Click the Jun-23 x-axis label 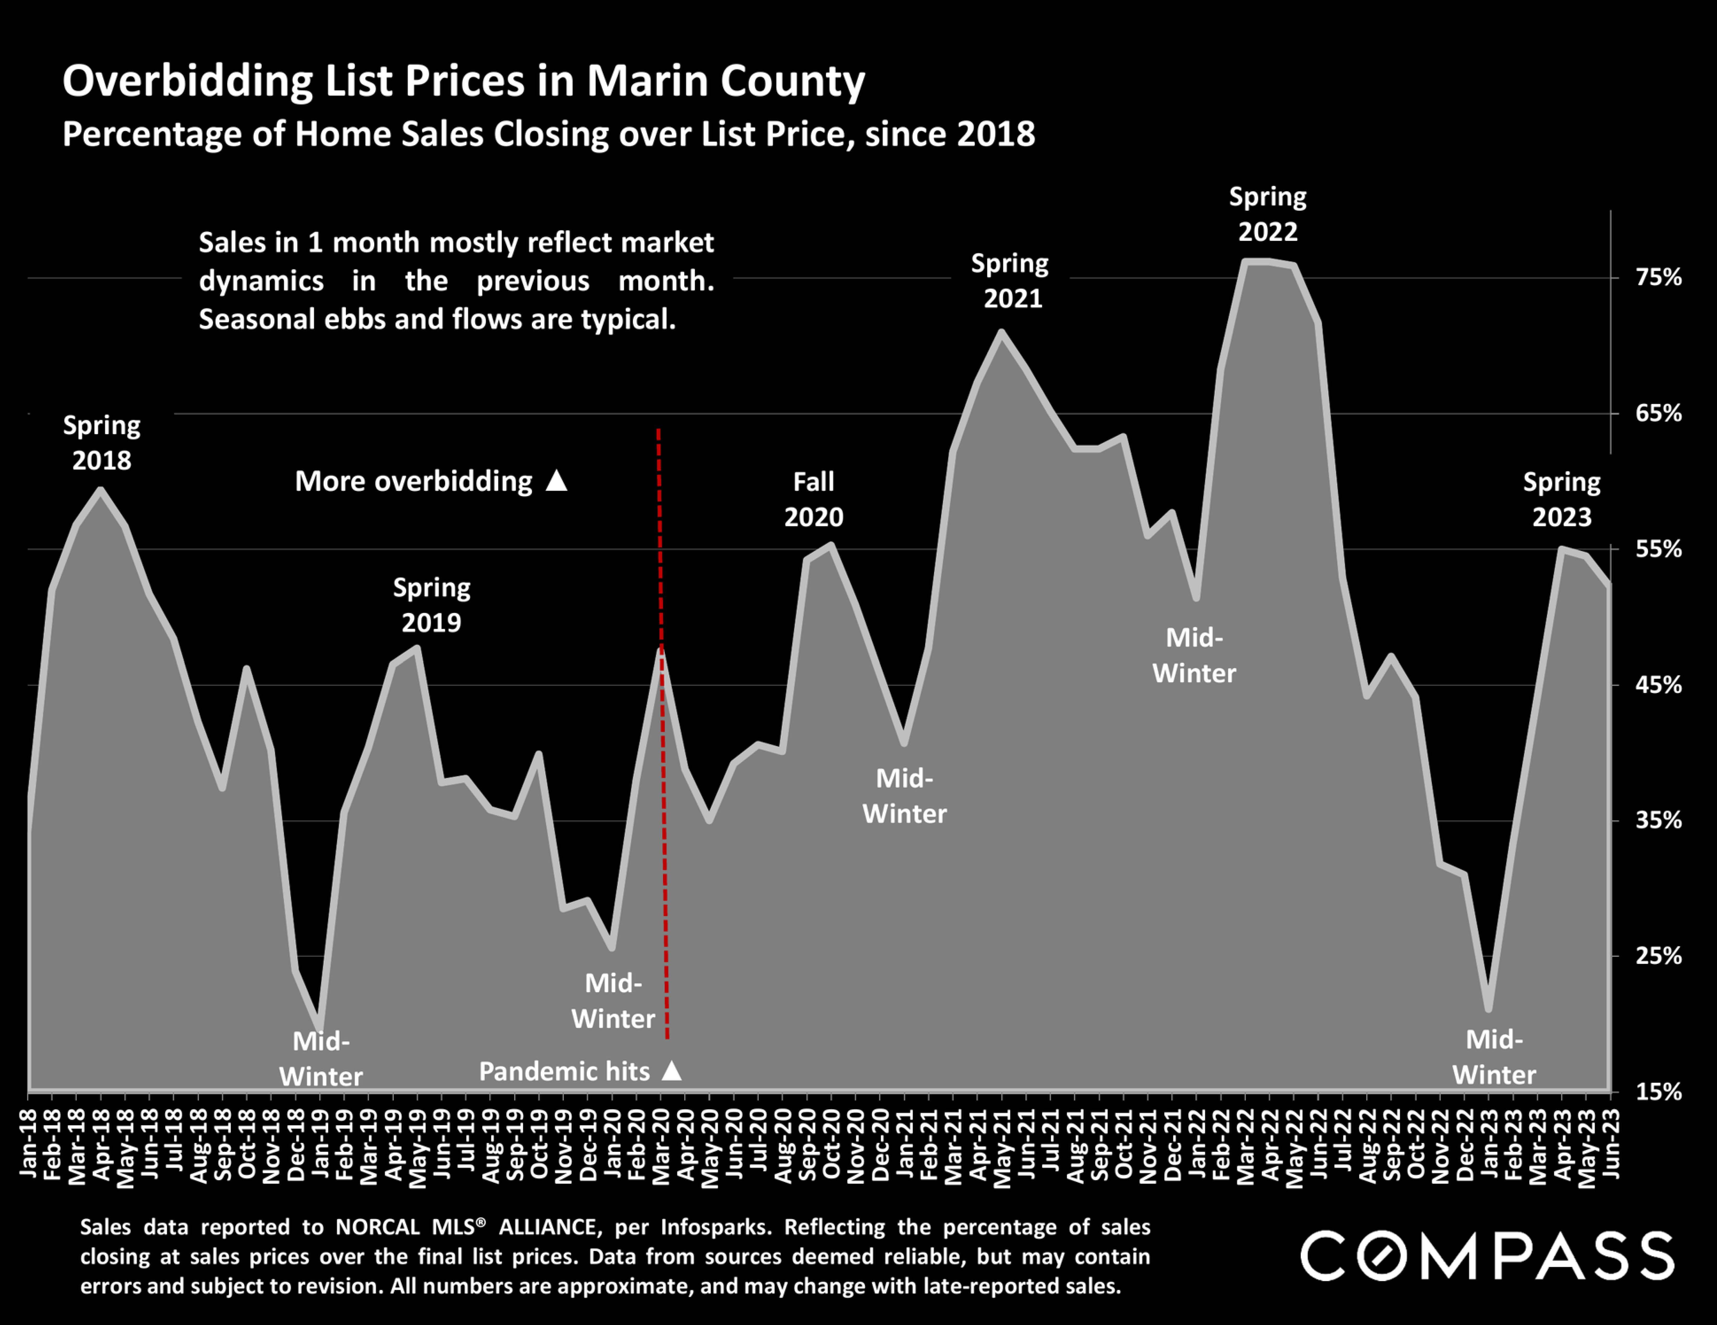click(x=1610, y=1143)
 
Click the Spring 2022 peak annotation click(x=1267, y=214)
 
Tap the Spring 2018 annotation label click(x=101, y=442)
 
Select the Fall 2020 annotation click(x=814, y=499)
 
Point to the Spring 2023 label click(x=1561, y=499)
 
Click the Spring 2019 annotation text click(x=432, y=605)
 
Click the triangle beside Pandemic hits click(x=671, y=1070)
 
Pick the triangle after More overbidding click(x=557, y=480)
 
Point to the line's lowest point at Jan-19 click(x=319, y=1026)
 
